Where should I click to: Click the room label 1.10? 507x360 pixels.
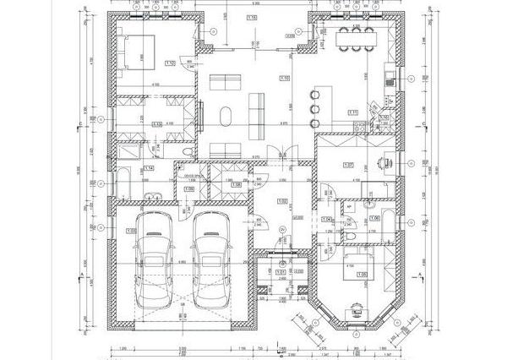284,78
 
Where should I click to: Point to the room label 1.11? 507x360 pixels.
353,112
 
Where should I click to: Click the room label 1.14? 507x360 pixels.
148,169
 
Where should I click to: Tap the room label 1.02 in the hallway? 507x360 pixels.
282,200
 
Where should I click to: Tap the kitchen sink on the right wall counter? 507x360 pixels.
388,79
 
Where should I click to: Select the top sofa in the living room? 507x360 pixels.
226,82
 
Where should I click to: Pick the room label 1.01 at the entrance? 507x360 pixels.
281,271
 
